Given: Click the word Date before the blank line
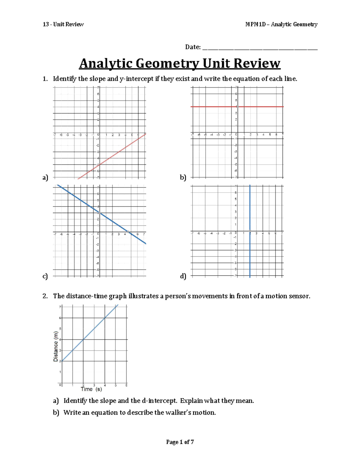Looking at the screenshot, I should pos(192,47).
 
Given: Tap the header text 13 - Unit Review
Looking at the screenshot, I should pos(63,24).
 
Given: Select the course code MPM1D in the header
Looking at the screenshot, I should pos(255,24).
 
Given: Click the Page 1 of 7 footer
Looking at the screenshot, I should pos(180,442).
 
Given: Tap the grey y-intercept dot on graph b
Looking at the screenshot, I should pos(237,107).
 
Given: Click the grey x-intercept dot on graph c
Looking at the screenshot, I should pos(128,232).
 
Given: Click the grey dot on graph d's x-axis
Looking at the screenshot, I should pos(250,231).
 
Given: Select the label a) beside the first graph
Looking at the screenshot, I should pos(45,178).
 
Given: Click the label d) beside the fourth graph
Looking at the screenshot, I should pos(183,276).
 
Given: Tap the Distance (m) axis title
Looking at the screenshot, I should pos(55,346).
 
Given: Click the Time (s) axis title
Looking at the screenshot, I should pos(91,389).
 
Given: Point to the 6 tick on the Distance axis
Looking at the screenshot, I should pos(60,318).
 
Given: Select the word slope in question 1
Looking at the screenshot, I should pos(97,79).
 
